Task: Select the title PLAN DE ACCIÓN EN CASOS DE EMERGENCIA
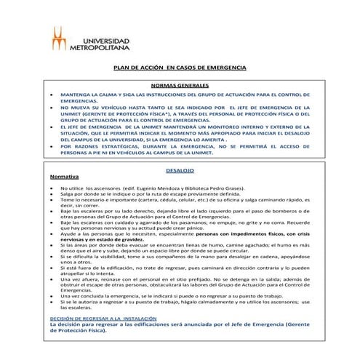180,68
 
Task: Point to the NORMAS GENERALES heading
180,86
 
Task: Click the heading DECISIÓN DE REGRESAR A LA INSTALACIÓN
100,319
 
